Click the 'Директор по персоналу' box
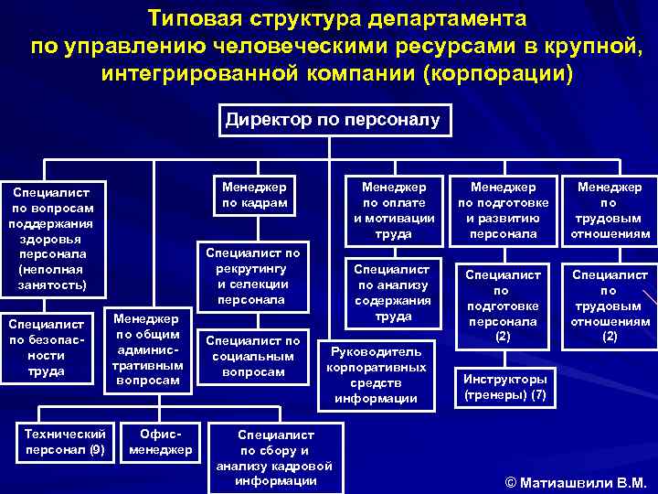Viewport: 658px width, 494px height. tap(333, 120)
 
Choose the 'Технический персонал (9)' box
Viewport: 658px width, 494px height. tap(65, 442)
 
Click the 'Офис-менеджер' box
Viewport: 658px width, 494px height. tap(161, 442)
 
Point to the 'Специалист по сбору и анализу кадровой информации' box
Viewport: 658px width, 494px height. tap(276, 457)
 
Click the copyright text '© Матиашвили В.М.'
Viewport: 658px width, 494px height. tap(575, 482)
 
